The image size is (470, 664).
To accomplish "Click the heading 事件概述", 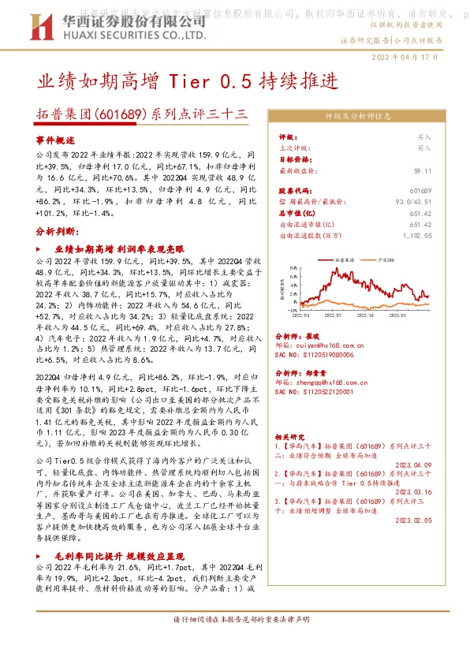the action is pos(54,139).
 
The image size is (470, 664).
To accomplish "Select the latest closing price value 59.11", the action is pos(423,170).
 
